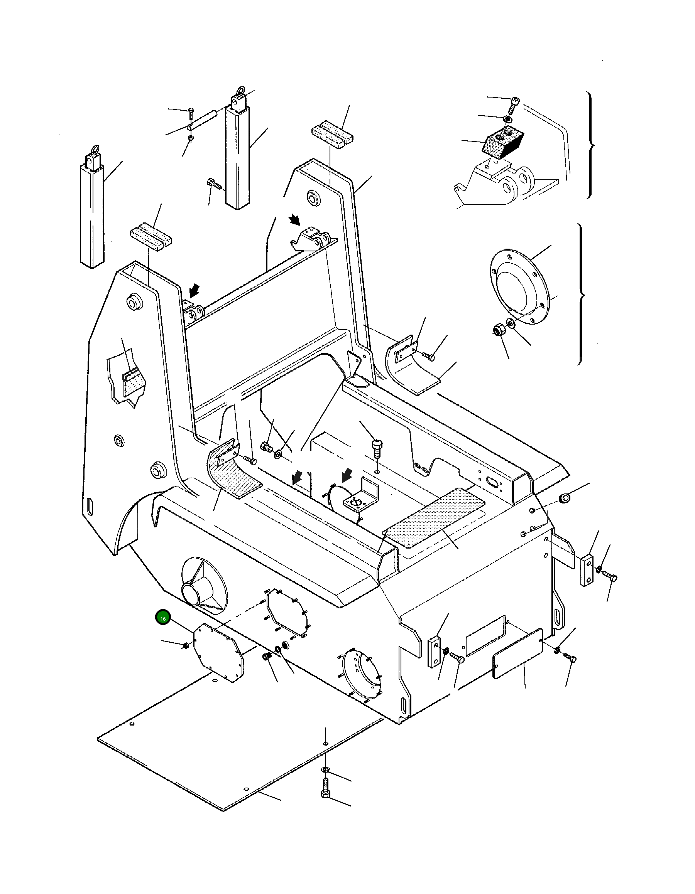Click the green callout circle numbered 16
pos(163,618)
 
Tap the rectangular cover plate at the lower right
pos(517,654)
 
